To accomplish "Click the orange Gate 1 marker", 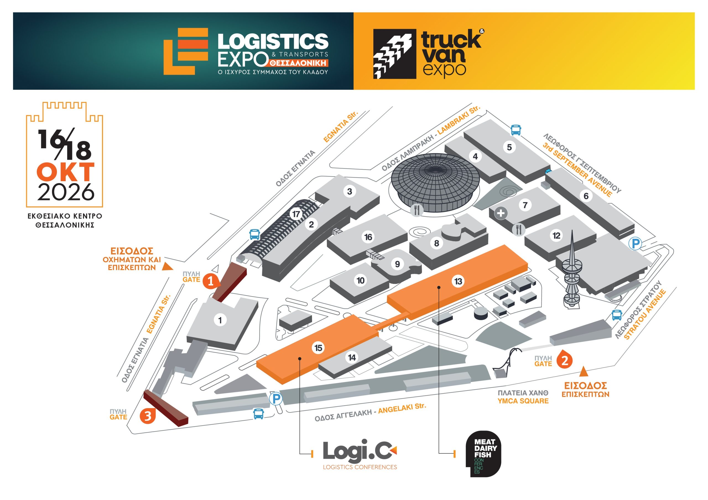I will (x=211, y=281).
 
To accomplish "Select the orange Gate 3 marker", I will (x=148, y=416).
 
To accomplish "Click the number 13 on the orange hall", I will (x=458, y=281).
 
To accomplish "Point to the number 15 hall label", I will (x=318, y=348).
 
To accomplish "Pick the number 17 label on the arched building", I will (x=296, y=214).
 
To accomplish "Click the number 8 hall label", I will (x=437, y=243).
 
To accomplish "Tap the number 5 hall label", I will (x=509, y=147).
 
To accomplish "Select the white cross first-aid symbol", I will (x=501, y=213).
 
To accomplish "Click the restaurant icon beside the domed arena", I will (x=417, y=210).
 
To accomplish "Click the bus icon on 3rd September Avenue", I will (x=516, y=130).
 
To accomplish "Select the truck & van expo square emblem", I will (x=394, y=54).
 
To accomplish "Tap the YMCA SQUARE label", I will (x=523, y=401).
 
